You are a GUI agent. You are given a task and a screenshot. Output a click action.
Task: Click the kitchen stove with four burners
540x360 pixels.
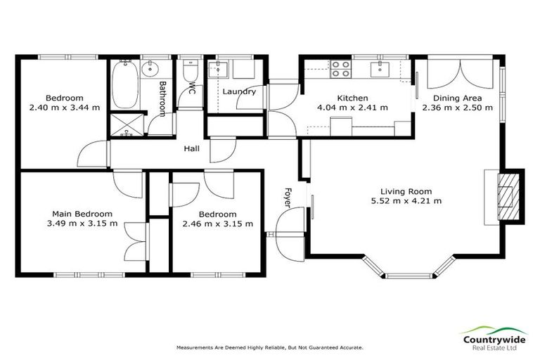click(x=341, y=68)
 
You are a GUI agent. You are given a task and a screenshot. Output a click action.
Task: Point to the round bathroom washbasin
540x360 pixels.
click(x=150, y=70)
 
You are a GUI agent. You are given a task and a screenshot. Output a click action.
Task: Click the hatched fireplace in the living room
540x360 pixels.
click(x=507, y=195)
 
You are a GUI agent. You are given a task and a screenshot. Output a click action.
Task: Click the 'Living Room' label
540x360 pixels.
click(x=406, y=191)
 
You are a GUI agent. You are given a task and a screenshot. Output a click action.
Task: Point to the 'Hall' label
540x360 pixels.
click(x=191, y=149)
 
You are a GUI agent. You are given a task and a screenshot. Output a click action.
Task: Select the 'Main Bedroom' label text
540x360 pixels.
click(x=82, y=214)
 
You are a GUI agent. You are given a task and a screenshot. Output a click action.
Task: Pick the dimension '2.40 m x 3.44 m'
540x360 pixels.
click(x=65, y=108)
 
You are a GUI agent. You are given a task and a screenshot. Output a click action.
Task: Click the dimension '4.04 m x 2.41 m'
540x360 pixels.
click(x=352, y=108)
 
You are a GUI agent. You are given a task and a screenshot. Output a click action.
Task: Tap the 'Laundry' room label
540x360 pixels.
click(x=239, y=91)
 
